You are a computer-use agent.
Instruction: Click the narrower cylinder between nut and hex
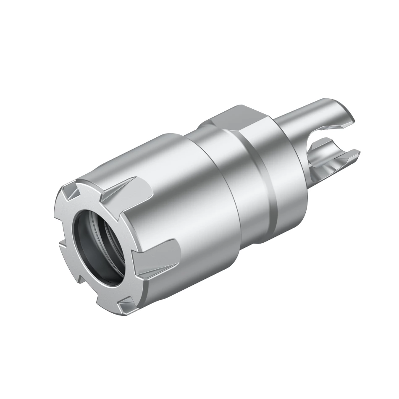pyautogui.click(x=218, y=168)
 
